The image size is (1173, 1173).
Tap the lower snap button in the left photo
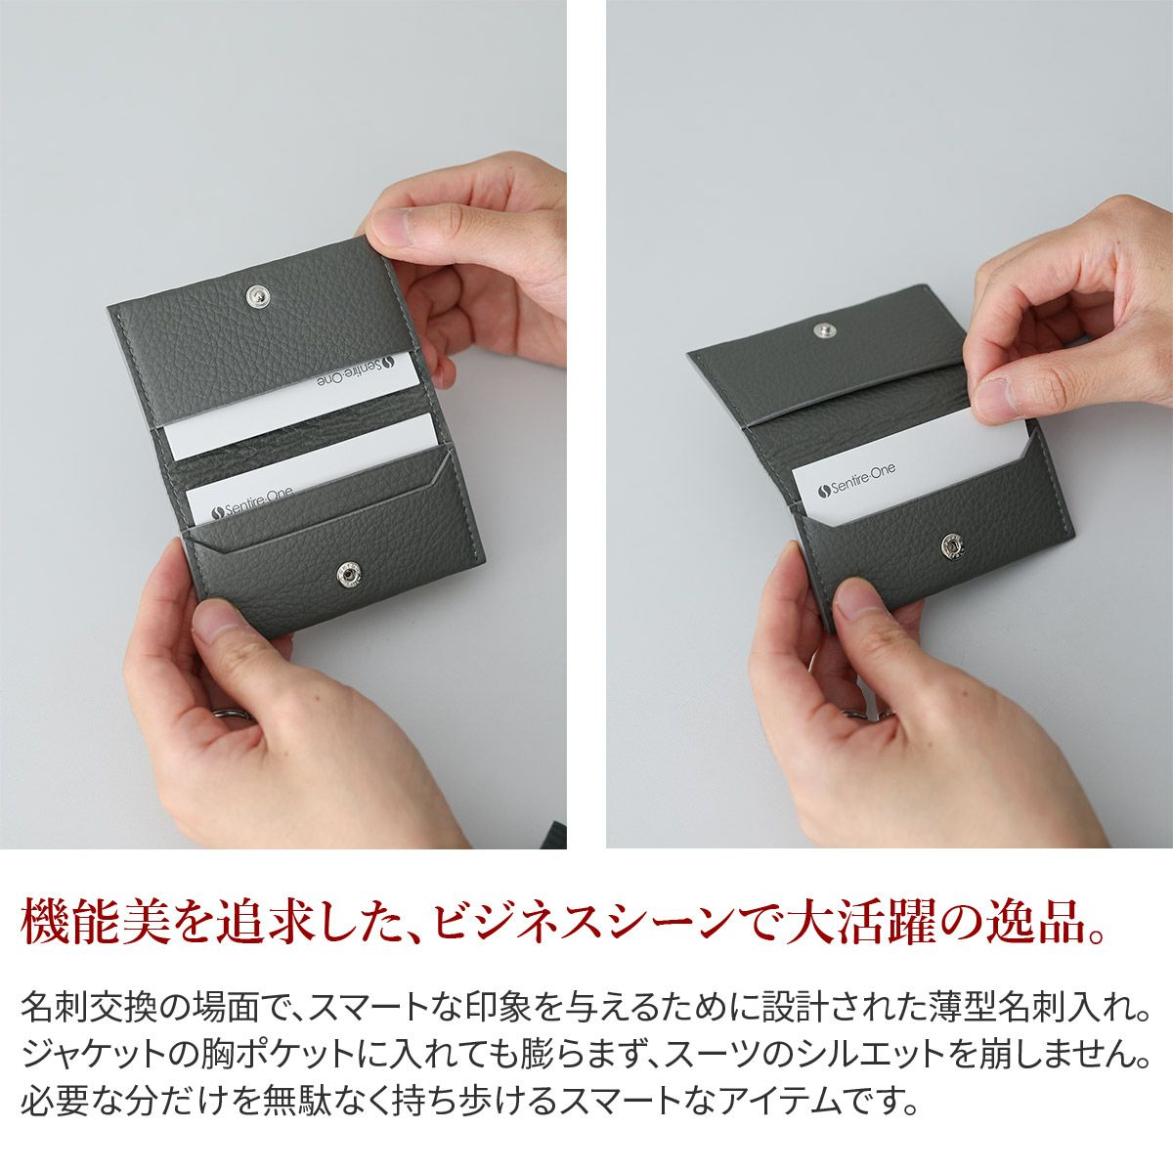pyautogui.click(x=349, y=574)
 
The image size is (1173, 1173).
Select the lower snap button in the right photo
pyautogui.click(x=953, y=545)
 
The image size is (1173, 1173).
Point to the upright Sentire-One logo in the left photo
pyautogui.click(x=251, y=502)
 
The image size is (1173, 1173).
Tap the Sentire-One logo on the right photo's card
pyautogui.click(x=856, y=480)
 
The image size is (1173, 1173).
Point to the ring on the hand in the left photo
pyautogui.click(x=235, y=714)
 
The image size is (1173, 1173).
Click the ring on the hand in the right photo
pyautogui.click(x=869, y=714)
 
